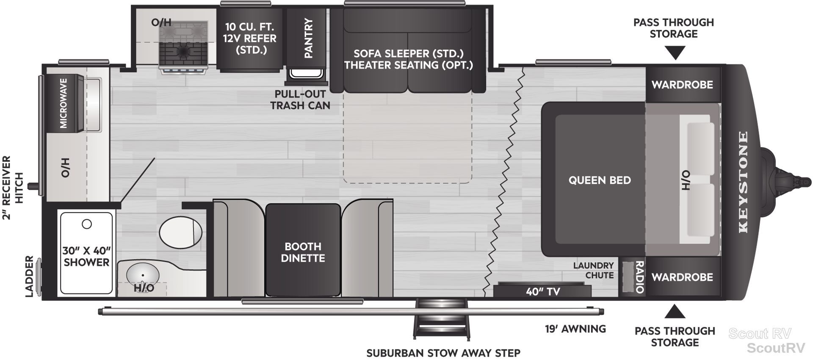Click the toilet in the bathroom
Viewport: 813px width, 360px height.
pos(181,232)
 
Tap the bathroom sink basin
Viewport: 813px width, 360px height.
pos(143,275)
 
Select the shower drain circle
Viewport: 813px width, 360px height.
pos(87,224)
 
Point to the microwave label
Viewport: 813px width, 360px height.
pos(64,103)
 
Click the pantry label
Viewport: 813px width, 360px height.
pos(308,38)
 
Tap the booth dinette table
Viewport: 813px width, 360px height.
pos(303,250)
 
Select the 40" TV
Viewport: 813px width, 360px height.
pos(542,291)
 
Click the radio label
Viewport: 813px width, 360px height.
pos(639,277)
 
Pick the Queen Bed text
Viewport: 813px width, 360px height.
pos(600,180)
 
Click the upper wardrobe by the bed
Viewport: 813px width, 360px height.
pos(683,85)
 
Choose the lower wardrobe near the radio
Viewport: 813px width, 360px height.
pos(683,277)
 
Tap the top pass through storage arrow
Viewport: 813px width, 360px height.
pos(675,53)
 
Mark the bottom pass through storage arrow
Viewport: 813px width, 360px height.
pos(675,312)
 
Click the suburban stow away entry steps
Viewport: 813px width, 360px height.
pos(442,318)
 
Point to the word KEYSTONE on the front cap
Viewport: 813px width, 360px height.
pos(743,182)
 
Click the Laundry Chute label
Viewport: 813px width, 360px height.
pos(594,270)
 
